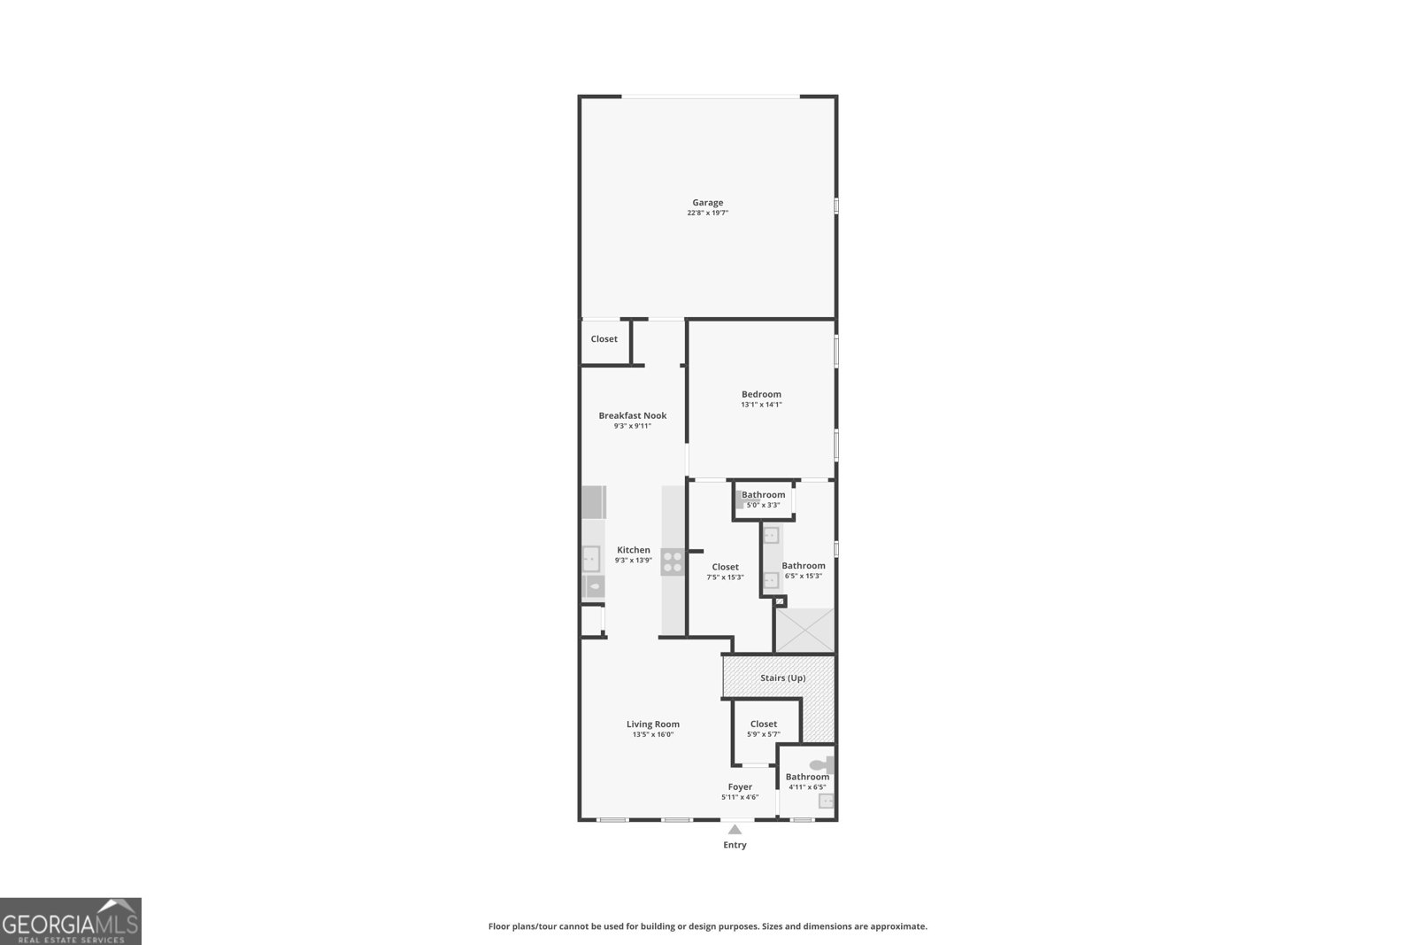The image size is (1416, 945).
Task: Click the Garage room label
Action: click(x=707, y=203)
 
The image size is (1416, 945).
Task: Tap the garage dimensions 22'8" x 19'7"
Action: click(x=707, y=213)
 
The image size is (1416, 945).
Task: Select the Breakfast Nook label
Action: click(x=632, y=415)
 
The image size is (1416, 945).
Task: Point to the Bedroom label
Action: click(x=761, y=394)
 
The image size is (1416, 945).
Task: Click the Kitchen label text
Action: click(x=633, y=550)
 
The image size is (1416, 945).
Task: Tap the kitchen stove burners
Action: click(x=672, y=562)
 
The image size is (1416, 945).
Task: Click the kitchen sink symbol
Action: click(x=590, y=558)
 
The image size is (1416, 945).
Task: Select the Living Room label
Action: click(x=653, y=724)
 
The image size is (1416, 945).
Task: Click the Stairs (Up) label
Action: click(x=782, y=678)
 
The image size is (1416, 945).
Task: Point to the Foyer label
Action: click(x=740, y=786)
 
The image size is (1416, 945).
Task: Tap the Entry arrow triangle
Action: click(x=735, y=830)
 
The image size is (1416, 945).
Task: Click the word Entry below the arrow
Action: click(x=735, y=845)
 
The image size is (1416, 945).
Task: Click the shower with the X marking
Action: click(x=804, y=630)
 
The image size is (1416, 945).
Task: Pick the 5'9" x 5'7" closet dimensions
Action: click(x=763, y=734)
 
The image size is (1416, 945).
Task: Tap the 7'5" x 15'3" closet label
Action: click(x=725, y=567)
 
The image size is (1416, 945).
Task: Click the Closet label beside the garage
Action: click(x=604, y=339)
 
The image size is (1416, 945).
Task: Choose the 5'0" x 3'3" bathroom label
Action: click(x=763, y=495)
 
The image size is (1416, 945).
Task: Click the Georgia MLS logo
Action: click(x=70, y=921)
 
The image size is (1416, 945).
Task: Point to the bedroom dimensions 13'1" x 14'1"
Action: click(x=761, y=405)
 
